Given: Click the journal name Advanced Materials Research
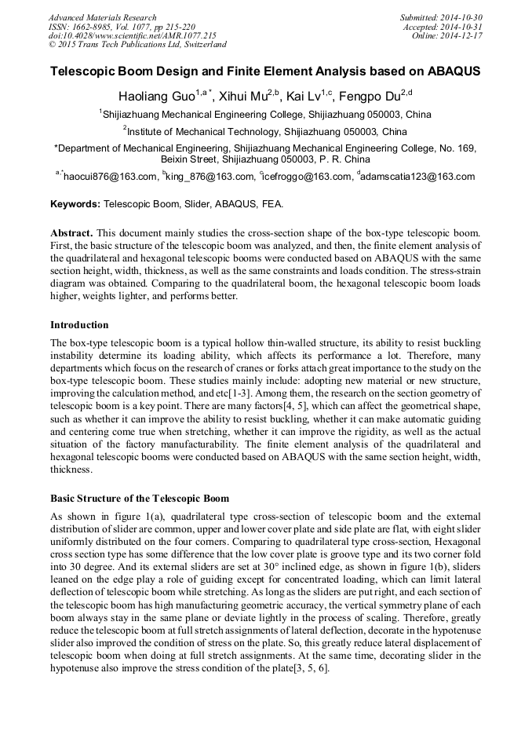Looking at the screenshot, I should [x=102, y=17].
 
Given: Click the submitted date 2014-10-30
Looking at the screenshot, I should [x=463, y=17].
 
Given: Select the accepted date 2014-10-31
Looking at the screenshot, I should [x=463, y=27].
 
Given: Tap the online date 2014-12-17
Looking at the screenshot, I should [x=463, y=35].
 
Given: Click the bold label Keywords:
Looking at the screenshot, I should [x=75, y=204].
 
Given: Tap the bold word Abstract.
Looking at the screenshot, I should [x=73, y=234].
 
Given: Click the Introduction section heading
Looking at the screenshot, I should [x=79, y=325].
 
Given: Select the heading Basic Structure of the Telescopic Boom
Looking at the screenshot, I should [x=140, y=499].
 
